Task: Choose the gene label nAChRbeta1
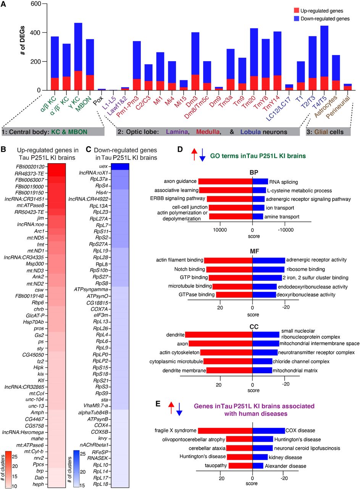(101, 445)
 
